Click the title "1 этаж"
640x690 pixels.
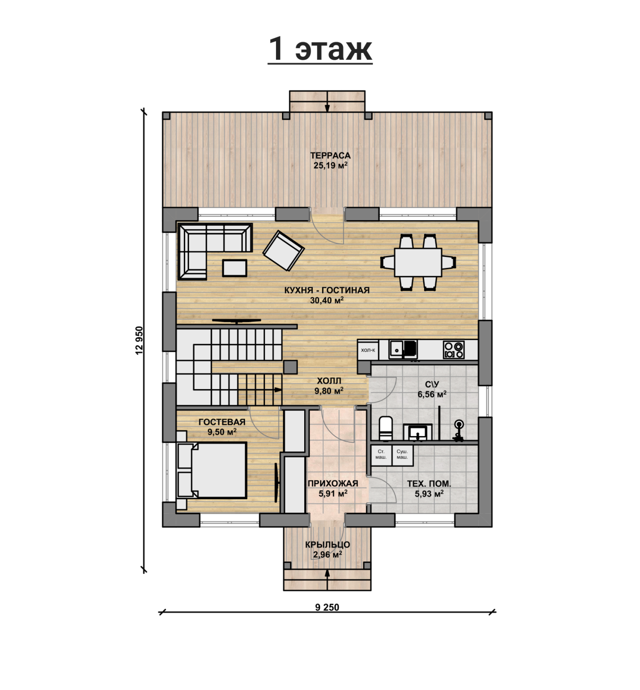point(320,49)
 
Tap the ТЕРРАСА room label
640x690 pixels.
point(330,156)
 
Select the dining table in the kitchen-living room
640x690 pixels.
point(418,262)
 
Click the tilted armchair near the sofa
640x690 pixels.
point(283,251)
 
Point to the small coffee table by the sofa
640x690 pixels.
point(235,268)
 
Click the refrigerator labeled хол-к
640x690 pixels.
point(368,350)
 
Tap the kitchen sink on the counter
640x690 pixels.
point(403,349)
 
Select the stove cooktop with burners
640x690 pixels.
point(454,349)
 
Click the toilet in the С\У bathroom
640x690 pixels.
point(386,428)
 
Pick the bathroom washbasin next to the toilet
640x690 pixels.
point(418,432)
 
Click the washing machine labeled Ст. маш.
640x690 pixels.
point(381,455)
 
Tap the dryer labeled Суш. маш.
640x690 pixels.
point(402,455)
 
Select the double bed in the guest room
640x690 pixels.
point(212,470)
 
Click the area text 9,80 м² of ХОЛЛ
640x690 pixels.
point(329,391)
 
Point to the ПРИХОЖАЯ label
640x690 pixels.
point(333,483)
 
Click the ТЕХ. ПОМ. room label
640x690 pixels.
point(429,484)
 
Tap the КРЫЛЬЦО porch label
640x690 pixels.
point(328,545)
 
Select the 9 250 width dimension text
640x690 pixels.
point(327,608)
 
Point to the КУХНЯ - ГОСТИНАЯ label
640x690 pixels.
point(327,290)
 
